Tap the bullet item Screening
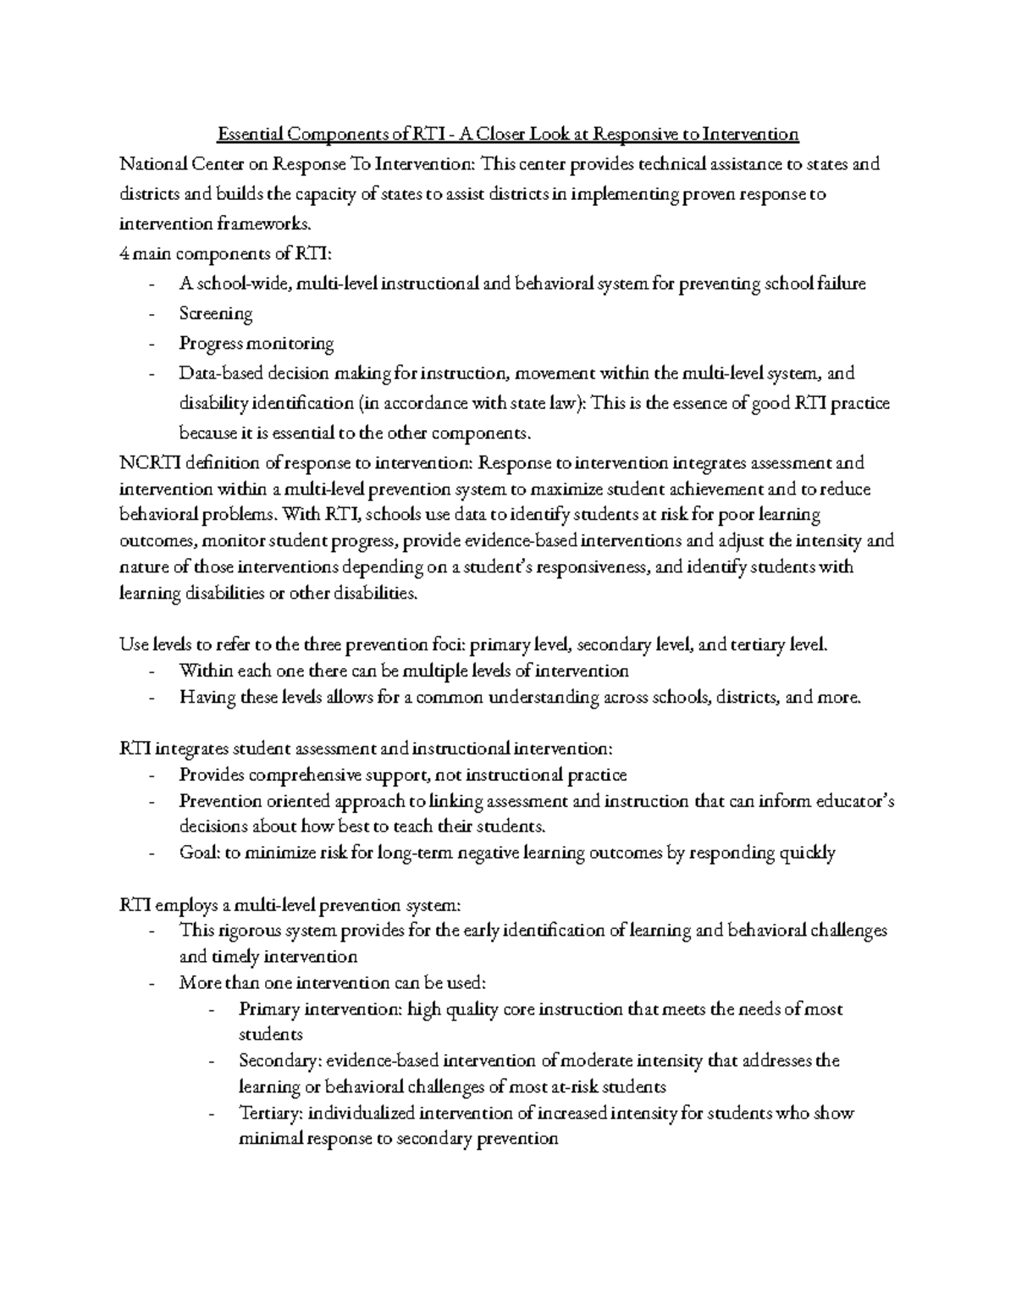tap(216, 313)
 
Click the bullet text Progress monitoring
tap(257, 343)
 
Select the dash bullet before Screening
tap(152, 314)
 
